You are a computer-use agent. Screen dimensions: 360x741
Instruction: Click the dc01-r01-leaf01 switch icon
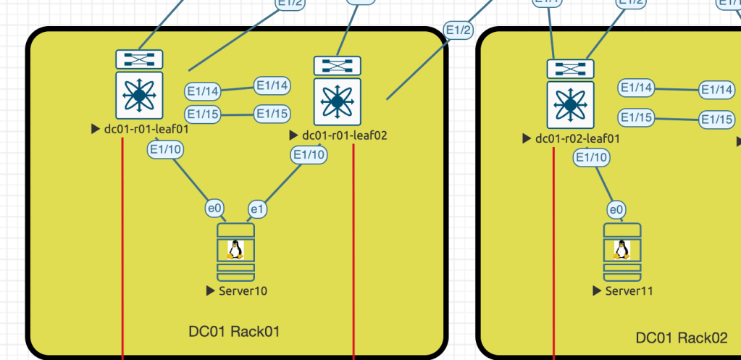139,84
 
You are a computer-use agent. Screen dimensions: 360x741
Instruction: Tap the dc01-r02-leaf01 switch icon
570,94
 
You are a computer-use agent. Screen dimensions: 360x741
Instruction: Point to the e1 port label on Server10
258,209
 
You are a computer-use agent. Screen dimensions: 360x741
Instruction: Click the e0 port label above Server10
214,209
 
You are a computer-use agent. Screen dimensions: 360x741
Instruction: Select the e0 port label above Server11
616,210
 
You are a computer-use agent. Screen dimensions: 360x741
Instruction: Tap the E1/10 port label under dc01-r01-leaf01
165,150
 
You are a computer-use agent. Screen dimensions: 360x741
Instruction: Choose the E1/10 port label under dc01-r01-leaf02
309,154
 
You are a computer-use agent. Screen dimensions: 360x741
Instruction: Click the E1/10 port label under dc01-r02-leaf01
592,157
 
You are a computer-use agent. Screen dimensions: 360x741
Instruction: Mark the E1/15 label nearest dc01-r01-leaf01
203,114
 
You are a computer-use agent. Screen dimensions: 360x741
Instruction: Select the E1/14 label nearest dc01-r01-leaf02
272,85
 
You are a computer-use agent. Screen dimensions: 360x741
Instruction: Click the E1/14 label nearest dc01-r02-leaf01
636,88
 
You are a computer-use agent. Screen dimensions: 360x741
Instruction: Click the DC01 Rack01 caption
234,332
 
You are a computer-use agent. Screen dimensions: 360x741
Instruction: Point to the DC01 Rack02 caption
681,338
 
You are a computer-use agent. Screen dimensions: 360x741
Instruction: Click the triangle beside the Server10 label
211,290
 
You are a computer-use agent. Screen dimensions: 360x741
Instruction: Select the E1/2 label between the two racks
459,30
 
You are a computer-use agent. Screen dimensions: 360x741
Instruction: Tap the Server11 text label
629,290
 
